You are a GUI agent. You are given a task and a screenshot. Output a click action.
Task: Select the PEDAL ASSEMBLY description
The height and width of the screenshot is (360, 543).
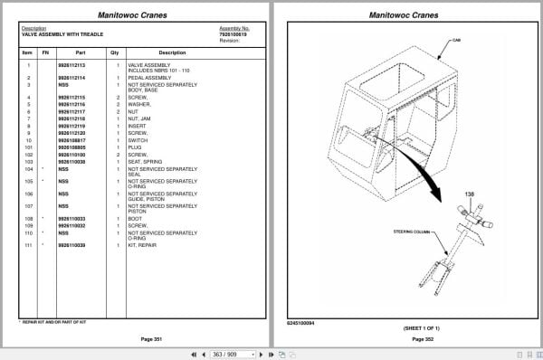tap(148, 79)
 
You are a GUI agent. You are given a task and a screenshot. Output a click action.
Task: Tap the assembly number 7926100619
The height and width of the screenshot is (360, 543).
tap(234, 34)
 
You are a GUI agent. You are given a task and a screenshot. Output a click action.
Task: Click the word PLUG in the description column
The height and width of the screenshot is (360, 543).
tap(135, 147)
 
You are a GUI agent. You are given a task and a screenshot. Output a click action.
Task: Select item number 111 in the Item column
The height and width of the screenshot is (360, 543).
tap(28, 245)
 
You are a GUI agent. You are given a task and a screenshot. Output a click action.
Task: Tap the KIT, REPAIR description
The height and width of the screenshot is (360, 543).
tap(144, 245)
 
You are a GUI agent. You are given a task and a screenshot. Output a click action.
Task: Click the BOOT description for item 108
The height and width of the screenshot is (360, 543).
tap(136, 218)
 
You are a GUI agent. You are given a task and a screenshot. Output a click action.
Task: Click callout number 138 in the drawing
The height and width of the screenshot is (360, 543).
tap(470, 194)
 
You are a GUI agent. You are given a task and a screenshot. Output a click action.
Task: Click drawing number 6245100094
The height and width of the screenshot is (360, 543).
tap(301, 324)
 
